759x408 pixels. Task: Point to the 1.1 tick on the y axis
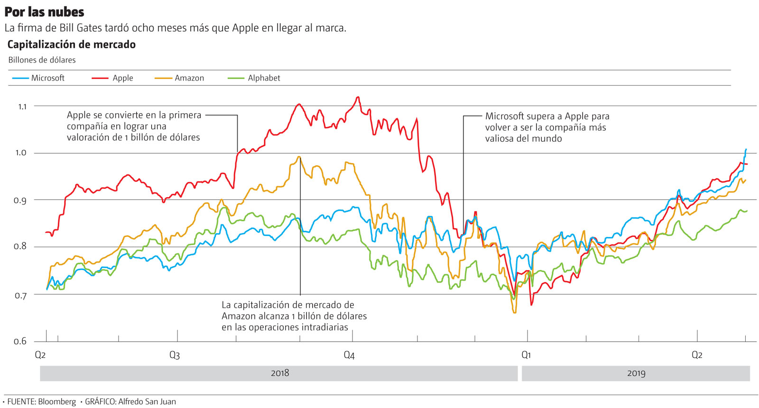22,107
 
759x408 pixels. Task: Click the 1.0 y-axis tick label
21,153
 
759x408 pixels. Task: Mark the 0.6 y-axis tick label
20,341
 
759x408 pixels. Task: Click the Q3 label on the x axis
175,355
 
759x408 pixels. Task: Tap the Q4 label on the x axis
349,355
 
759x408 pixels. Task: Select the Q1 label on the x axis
526,355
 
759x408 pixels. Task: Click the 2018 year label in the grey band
280,373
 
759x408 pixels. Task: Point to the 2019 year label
636,373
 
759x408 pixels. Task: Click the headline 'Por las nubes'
44,12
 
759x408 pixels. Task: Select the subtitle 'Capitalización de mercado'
72,45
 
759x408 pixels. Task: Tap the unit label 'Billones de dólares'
42,60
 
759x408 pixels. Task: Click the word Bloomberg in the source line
57,402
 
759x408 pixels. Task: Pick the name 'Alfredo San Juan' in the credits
147,402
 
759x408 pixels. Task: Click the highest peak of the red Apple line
358,97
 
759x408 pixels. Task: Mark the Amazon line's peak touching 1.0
299,157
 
